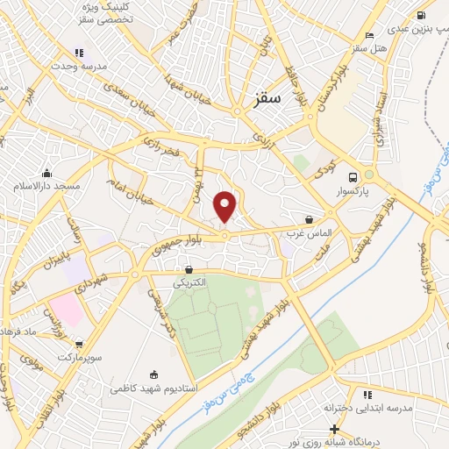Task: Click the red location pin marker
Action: pyautogui.click(x=225, y=206)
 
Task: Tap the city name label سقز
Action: pyautogui.click(x=269, y=101)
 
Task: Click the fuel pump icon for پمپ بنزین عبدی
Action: pyautogui.click(x=422, y=15)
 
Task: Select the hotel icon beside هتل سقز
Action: pyautogui.click(x=369, y=35)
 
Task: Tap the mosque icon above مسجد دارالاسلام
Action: pyautogui.click(x=46, y=172)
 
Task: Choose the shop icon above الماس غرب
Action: pyautogui.click(x=309, y=219)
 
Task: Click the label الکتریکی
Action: pyautogui.click(x=189, y=282)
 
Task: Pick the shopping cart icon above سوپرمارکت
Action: pyautogui.click(x=79, y=345)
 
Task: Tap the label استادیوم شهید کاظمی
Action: pyautogui.click(x=153, y=387)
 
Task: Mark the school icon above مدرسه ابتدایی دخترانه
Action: pyautogui.click(x=367, y=395)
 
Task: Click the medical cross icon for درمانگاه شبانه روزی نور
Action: pyautogui.click(x=333, y=429)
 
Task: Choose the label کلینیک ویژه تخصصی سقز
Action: pyautogui.click(x=102, y=12)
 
